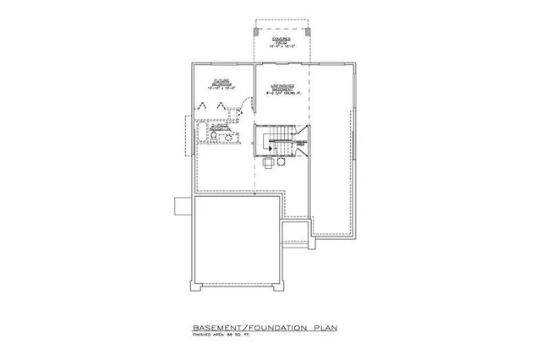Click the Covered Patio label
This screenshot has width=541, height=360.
281,41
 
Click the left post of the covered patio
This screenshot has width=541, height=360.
257,31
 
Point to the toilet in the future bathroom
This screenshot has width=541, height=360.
213,135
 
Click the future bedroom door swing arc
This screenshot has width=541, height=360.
244,106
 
